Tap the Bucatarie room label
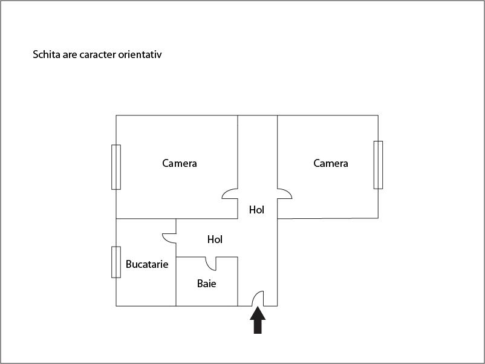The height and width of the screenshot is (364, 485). click(x=147, y=264)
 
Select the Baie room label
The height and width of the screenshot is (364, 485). click(x=207, y=283)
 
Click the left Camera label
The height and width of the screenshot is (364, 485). click(x=180, y=163)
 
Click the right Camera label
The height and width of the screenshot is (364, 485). click(x=331, y=163)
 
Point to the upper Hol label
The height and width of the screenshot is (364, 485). click(x=257, y=210)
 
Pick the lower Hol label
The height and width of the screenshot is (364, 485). click(x=215, y=239)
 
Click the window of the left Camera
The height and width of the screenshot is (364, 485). click(x=116, y=167)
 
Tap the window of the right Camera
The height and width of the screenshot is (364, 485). click(x=378, y=164)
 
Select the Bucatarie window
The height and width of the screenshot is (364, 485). click(x=116, y=262)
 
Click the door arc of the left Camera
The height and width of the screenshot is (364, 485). click(x=230, y=193)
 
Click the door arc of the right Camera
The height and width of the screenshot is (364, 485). click(x=285, y=193)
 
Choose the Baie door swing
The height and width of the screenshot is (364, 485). click(x=211, y=264)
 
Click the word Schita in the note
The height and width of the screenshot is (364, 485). click(x=46, y=54)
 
